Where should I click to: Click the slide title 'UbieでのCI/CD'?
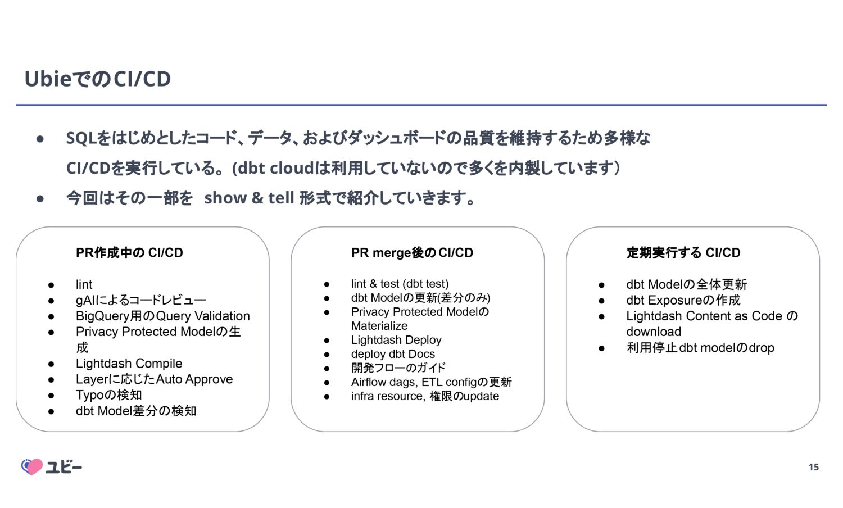[x=97, y=79]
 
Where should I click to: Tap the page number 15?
[x=813, y=467]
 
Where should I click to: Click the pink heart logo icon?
[x=32, y=466]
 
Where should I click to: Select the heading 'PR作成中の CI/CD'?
[x=129, y=253]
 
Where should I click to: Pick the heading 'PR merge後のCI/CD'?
[x=412, y=253]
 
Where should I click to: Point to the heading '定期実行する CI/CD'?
[x=683, y=253]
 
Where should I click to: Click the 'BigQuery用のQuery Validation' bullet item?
[x=162, y=316]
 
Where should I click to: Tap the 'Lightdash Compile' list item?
[x=129, y=364]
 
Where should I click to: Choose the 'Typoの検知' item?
[x=108, y=395]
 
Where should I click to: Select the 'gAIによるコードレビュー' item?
[x=140, y=300]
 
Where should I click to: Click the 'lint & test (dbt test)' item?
[x=400, y=284]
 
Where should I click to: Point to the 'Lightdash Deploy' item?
[x=396, y=340]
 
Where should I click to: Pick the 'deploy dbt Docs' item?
[x=393, y=354]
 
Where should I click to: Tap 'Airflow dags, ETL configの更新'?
[x=431, y=382]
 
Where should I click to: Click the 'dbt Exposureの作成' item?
[x=683, y=300]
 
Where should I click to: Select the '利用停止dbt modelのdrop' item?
[x=700, y=348]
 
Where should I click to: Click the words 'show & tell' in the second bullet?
[x=249, y=198]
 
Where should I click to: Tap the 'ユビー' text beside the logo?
[x=64, y=467]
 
